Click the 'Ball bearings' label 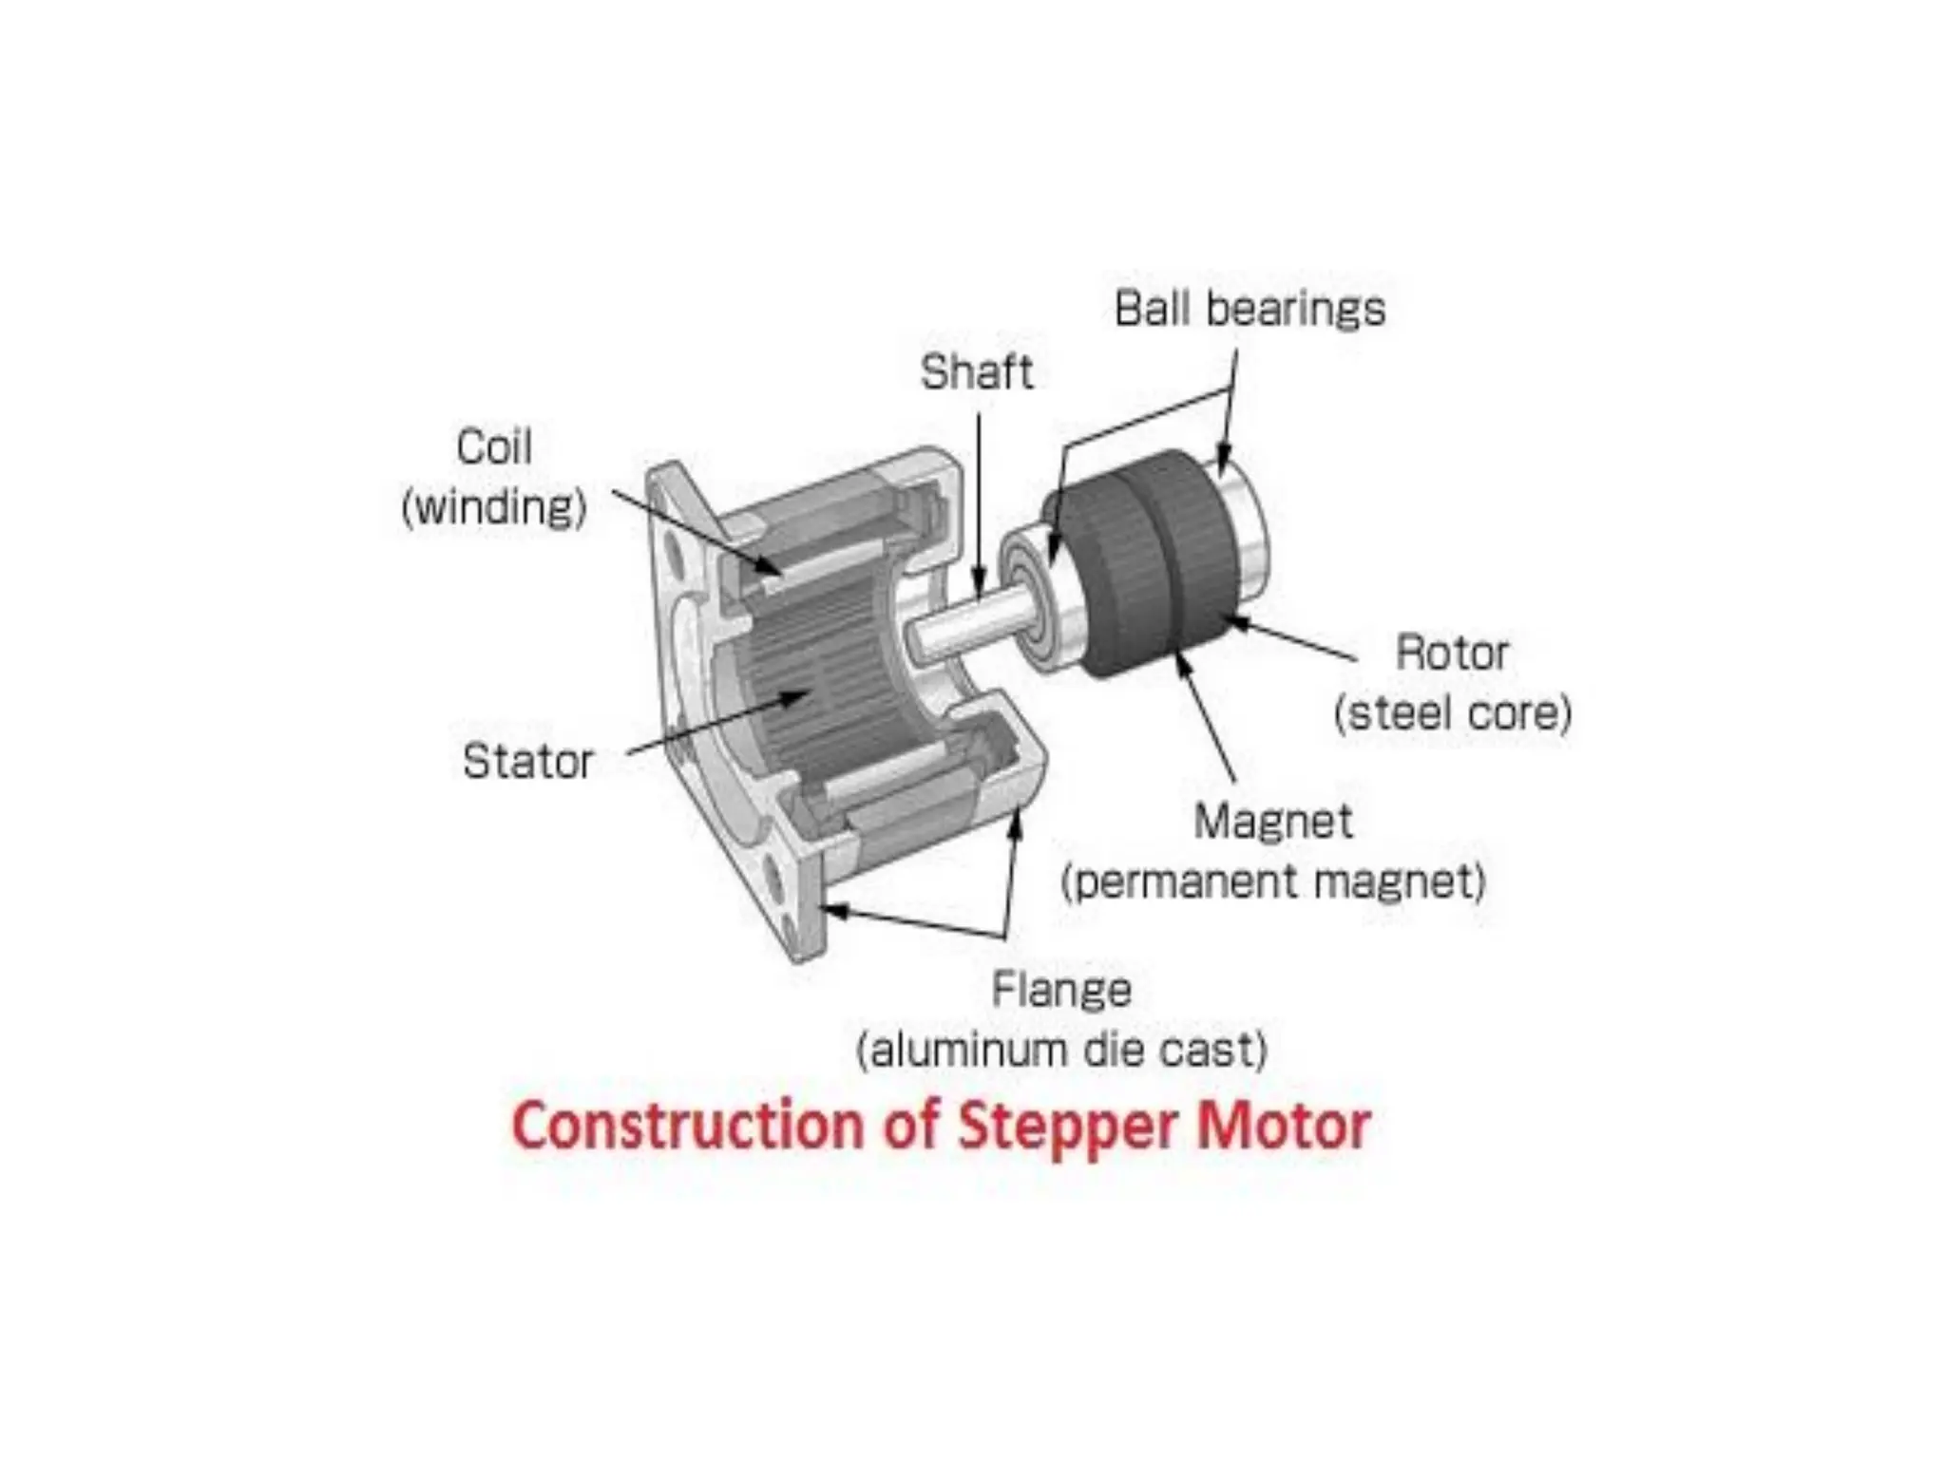point(1250,310)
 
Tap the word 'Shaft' point(976,371)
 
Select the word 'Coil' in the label point(493,446)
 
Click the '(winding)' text point(493,507)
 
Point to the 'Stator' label point(527,762)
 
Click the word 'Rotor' point(1451,654)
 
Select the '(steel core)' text point(1453,713)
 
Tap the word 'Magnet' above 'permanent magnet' point(1272,822)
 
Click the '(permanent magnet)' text point(1272,881)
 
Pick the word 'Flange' point(1061,990)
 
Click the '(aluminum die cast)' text point(1061,1051)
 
